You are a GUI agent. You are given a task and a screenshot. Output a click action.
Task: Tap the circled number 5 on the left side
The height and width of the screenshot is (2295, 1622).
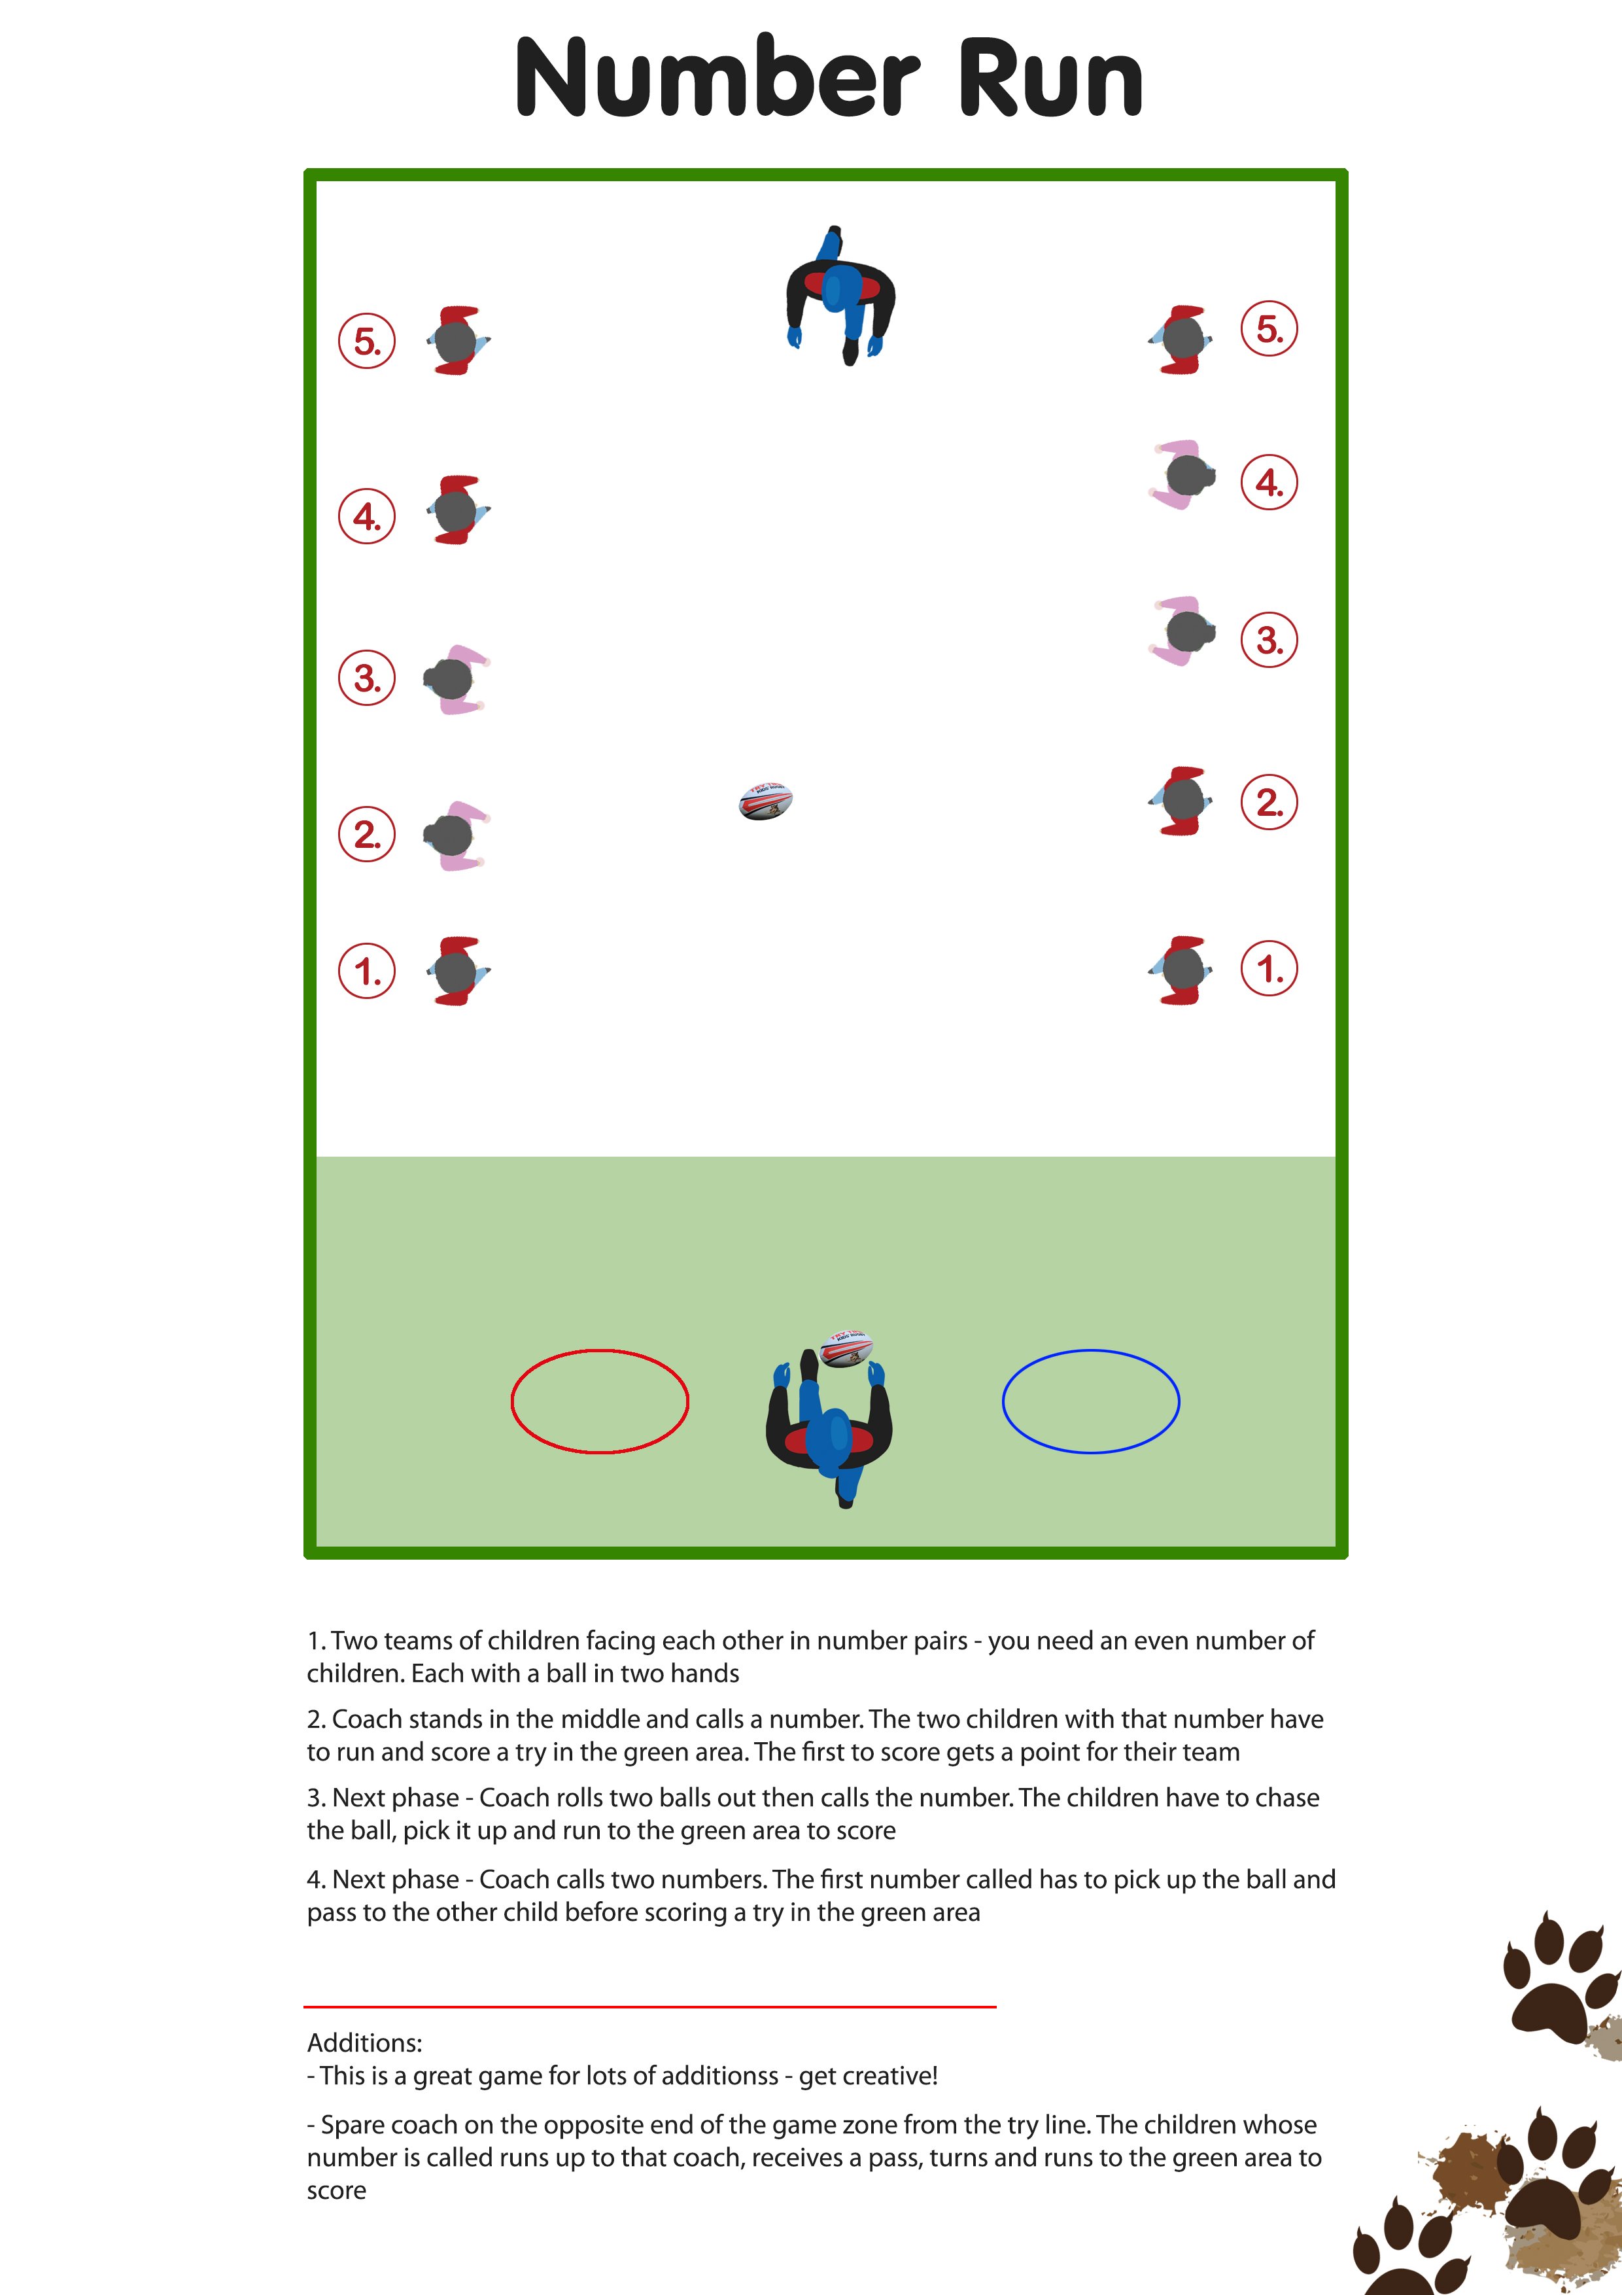367,341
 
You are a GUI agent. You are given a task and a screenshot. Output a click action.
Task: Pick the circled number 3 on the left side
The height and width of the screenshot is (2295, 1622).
367,678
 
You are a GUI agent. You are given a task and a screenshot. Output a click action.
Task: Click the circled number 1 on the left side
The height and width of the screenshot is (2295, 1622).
367,971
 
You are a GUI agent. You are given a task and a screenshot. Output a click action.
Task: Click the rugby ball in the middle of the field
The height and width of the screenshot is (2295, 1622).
765,801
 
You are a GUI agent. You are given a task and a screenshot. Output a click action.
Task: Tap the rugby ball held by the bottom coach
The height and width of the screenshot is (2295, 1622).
846,1348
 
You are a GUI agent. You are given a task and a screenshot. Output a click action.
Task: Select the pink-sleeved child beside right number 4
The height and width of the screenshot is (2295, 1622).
1183,475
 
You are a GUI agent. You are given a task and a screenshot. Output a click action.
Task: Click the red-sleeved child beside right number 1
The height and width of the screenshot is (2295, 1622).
1183,970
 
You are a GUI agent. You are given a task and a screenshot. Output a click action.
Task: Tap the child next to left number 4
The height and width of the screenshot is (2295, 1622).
458,510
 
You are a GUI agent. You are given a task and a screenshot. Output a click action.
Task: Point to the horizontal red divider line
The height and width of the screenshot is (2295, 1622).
649,2006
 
